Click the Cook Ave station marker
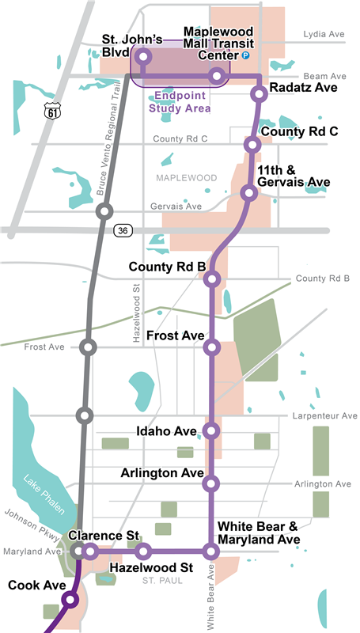click(70, 600)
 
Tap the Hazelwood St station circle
click(143, 552)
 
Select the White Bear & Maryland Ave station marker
click(210, 552)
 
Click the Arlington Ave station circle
click(210, 483)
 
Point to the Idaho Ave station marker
click(210, 430)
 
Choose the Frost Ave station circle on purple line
click(211, 347)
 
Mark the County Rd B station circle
click(211, 278)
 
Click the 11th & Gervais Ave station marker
click(249, 193)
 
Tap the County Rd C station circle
click(252, 144)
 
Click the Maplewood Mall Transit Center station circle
click(216, 76)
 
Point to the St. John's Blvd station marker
click(144, 56)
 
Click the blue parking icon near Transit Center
click(245, 56)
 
